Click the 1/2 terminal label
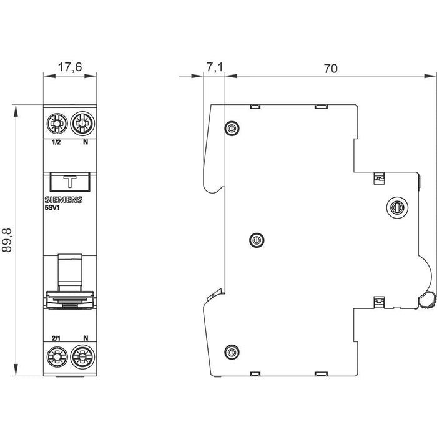(x=56, y=142)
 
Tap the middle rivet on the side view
(x=255, y=238)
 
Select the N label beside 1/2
(x=86, y=142)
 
